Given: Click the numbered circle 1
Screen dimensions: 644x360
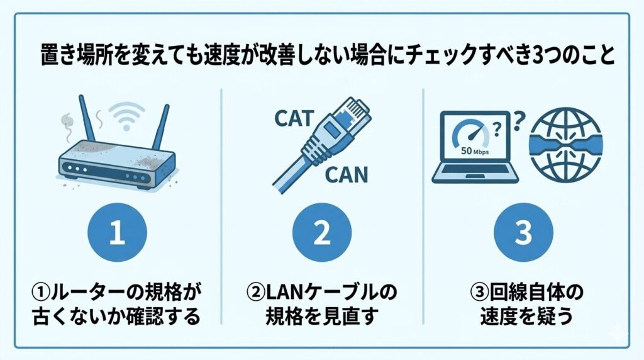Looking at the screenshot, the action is [118, 232].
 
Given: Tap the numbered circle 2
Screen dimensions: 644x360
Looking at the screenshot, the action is [322, 232].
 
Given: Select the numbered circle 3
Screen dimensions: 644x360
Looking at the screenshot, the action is [523, 232].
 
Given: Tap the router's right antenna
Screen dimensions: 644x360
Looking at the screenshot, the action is [160, 127].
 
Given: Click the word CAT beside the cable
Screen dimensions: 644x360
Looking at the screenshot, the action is [294, 119].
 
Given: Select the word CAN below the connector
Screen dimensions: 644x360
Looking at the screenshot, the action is [347, 175].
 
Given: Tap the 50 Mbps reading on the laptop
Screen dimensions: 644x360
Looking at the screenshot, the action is [475, 151].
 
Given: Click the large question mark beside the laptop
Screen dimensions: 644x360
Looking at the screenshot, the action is [519, 121].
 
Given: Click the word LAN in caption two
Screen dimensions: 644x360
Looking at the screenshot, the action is [284, 292].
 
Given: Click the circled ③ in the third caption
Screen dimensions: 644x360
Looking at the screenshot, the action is [479, 293].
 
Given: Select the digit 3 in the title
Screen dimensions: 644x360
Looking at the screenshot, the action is [536, 55].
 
